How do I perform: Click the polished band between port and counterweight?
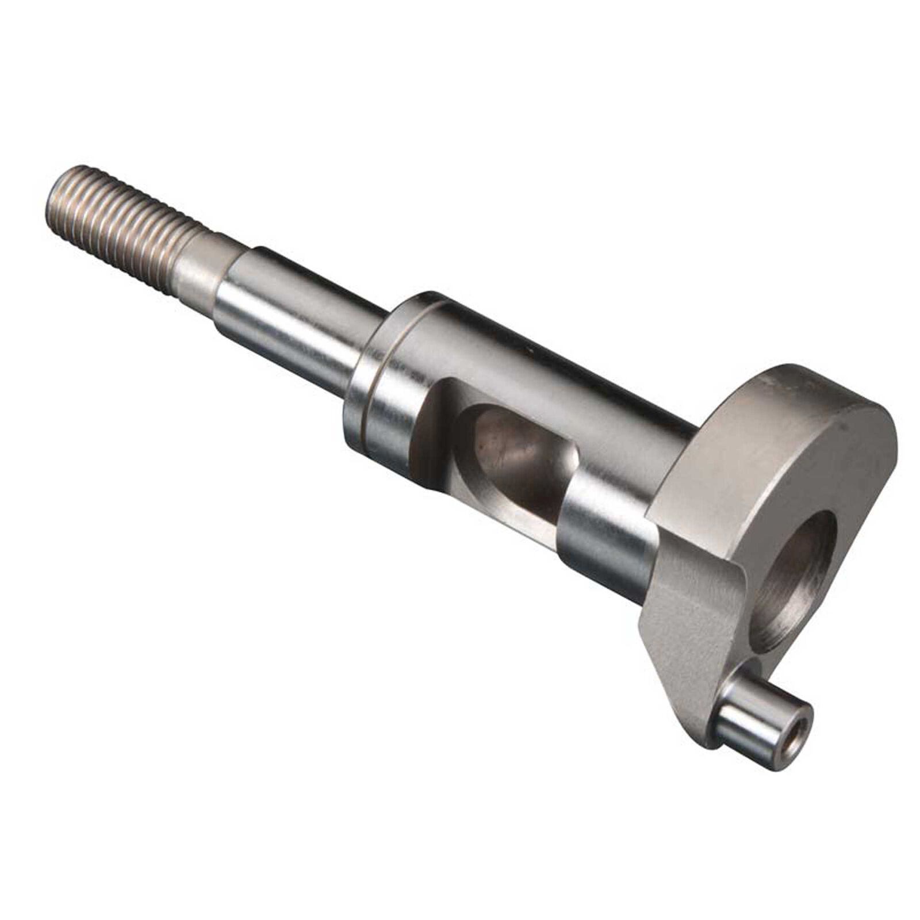click(x=604, y=517)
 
